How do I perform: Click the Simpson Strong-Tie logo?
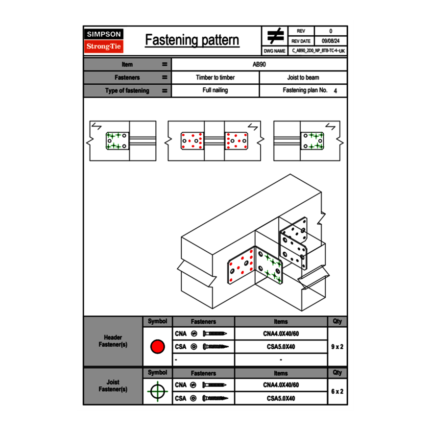104,40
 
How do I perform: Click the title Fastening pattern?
192,40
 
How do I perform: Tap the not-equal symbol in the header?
275,36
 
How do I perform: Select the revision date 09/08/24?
331,41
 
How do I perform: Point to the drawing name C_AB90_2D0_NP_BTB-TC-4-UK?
318,51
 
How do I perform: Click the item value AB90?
259,64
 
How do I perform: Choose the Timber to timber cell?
215,77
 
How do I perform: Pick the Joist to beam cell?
303,77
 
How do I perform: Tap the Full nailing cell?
215,90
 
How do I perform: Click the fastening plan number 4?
335,91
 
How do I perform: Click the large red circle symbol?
158,347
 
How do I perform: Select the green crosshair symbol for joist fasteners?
158,391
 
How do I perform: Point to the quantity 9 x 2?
337,347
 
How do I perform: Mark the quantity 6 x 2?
337,391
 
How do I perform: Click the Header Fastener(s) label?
113,341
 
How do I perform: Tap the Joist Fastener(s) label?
113,385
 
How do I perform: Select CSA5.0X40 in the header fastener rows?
281,347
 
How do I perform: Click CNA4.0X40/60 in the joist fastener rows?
281,385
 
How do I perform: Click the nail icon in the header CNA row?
215,334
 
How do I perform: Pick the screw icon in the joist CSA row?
215,398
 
